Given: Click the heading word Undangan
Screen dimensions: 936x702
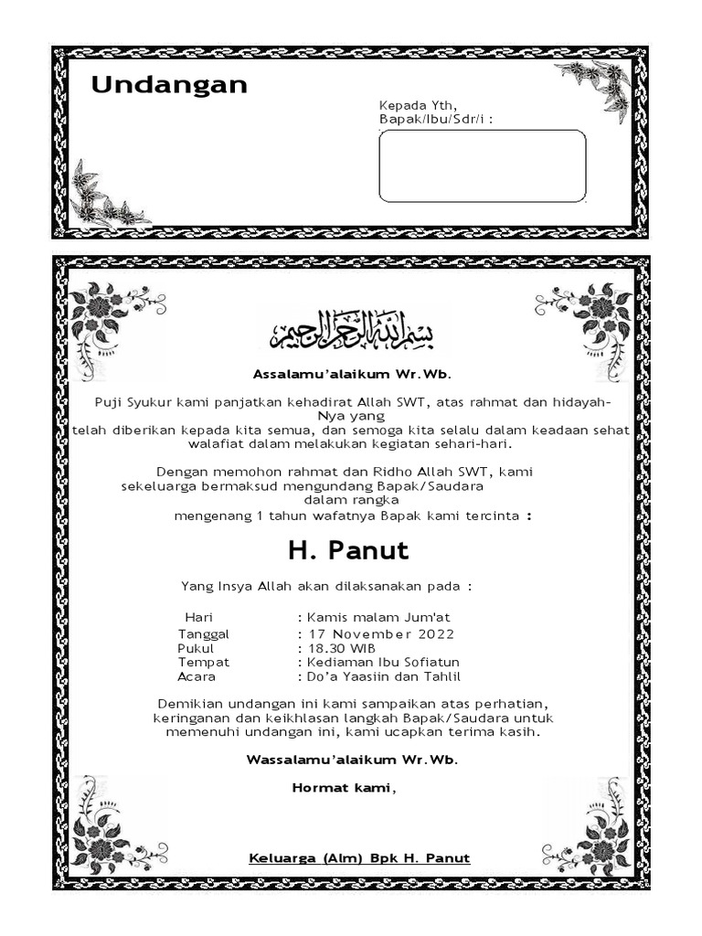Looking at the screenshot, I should (169, 85).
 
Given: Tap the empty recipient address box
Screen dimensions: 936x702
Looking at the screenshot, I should (482, 165).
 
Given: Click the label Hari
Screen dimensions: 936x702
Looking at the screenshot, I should (198, 618).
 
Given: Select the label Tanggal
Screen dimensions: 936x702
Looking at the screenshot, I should (204, 633).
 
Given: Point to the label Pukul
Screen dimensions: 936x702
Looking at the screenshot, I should (195, 648).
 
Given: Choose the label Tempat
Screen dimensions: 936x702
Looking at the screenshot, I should (204, 662).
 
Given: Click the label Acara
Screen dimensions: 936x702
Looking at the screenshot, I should (197, 676).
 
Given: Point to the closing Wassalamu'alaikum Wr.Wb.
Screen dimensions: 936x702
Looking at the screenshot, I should (352, 760).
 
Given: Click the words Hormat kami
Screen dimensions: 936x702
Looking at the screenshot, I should (344, 787).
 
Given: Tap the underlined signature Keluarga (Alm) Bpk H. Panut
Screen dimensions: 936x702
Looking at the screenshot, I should (359, 857).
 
